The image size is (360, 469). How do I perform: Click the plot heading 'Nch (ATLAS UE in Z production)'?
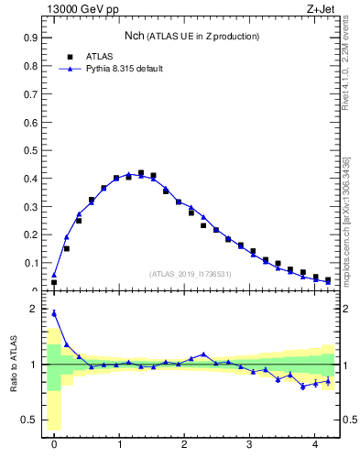[191, 36]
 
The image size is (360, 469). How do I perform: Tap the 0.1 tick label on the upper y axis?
[30, 263]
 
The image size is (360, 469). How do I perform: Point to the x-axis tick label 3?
[250, 444]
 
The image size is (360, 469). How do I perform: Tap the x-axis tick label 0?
[54, 444]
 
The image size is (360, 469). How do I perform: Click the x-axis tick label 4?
[315, 444]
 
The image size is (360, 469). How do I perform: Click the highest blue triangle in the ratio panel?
[54, 313]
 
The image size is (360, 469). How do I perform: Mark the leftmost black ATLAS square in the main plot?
[54, 282]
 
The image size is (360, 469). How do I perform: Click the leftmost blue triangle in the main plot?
[54, 274]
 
